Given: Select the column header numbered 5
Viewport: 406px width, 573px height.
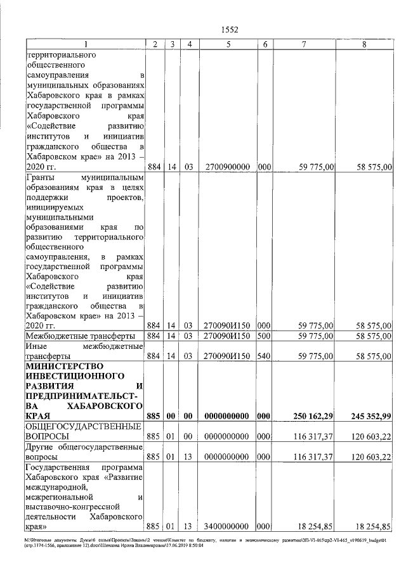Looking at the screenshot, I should point(226,44).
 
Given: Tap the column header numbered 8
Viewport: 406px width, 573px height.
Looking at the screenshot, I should point(363,44).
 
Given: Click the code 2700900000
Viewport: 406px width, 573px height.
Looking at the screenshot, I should point(226,167).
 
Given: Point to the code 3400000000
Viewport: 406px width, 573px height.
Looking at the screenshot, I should point(226,526).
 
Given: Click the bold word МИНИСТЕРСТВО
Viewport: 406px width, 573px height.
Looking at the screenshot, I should point(63,366).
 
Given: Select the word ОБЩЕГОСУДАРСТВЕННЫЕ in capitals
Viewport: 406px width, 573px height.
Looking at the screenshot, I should point(82,427).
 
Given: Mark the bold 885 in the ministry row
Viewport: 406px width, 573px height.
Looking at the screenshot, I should point(154,417).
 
